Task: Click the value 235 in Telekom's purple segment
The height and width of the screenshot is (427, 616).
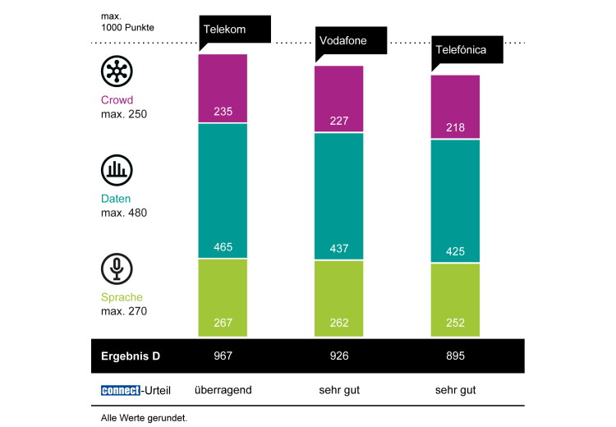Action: tap(223, 112)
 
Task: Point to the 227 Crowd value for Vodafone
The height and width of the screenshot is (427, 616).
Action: tap(339, 120)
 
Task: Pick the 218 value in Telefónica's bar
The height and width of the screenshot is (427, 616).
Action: tap(456, 128)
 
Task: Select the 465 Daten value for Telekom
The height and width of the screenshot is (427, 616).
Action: tap(223, 246)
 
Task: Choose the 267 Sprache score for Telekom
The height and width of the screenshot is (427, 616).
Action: tap(223, 324)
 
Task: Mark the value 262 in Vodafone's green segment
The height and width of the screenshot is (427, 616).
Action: tap(339, 324)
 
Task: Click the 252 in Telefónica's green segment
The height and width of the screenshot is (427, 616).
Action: tap(456, 324)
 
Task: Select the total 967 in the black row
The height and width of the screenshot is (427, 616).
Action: tap(223, 356)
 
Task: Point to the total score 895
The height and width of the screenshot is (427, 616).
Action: tap(456, 356)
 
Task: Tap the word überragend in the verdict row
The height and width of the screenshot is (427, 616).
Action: tap(223, 390)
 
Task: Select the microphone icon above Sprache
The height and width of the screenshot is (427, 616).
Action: tap(117, 269)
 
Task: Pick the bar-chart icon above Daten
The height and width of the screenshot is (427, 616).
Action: tap(117, 170)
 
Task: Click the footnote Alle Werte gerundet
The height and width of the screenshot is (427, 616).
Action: tap(144, 417)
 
